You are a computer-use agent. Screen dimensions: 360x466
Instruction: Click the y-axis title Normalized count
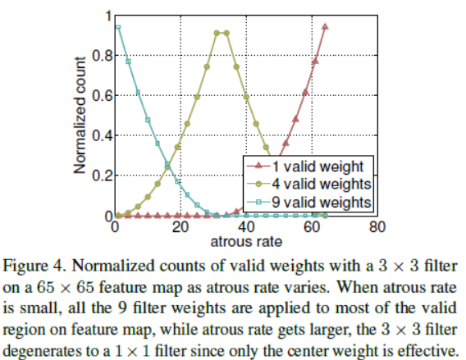[x=80, y=116]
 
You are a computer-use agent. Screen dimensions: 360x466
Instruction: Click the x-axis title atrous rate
[x=245, y=242]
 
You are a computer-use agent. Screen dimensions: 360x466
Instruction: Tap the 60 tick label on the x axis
[x=311, y=229]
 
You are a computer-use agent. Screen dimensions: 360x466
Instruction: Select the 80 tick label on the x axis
[x=376, y=229]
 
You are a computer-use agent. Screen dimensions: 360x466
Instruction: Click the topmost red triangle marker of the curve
[x=326, y=27]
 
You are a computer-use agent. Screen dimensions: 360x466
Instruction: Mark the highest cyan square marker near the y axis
[x=118, y=27]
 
